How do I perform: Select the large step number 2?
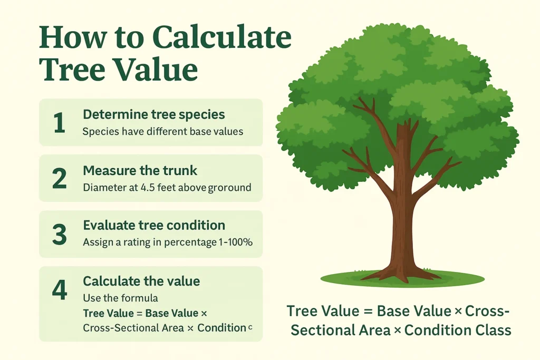[59, 179]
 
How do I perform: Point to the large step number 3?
[59, 235]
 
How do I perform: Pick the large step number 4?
[59, 290]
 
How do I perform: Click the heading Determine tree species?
[154, 114]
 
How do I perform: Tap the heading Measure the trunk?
[140, 170]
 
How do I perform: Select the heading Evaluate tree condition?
[154, 226]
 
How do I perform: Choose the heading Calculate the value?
[141, 281]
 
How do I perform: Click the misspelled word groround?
[230, 188]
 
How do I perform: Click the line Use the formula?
[121, 298]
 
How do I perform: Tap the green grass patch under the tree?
[402, 278]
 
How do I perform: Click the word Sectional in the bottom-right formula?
[322, 330]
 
